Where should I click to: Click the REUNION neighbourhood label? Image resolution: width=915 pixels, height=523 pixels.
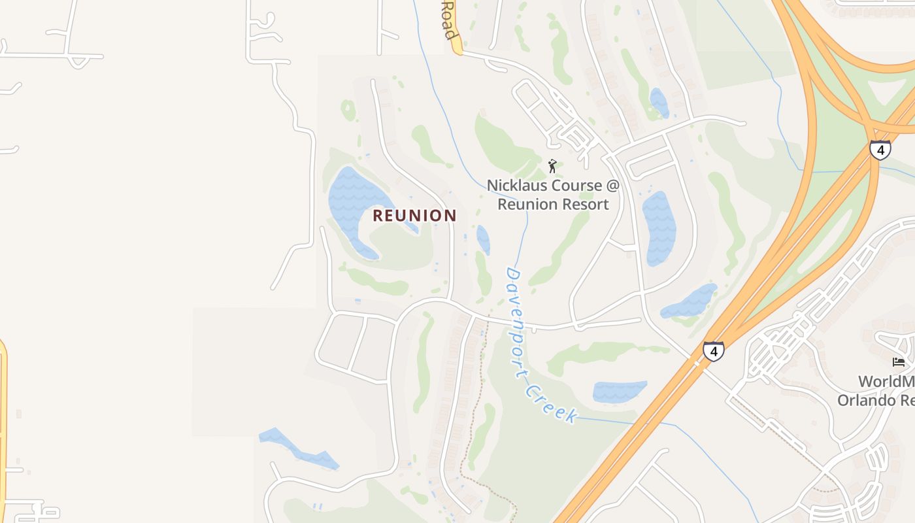coord(414,216)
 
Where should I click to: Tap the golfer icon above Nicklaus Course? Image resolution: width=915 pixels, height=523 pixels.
coord(552,166)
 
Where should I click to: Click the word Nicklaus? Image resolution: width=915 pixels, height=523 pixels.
coord(516,186)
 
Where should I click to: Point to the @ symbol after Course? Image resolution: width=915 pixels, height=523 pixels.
coord(612,186)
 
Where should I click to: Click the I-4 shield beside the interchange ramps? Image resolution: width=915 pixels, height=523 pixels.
coord(880,149)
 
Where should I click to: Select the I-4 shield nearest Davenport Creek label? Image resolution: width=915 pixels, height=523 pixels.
coord(713,351)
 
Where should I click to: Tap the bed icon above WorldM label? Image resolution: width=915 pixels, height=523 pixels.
coord(899,362)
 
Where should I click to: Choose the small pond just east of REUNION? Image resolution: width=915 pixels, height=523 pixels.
coord(483,239)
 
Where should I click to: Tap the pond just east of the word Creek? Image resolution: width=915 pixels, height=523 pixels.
coord(619,391)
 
